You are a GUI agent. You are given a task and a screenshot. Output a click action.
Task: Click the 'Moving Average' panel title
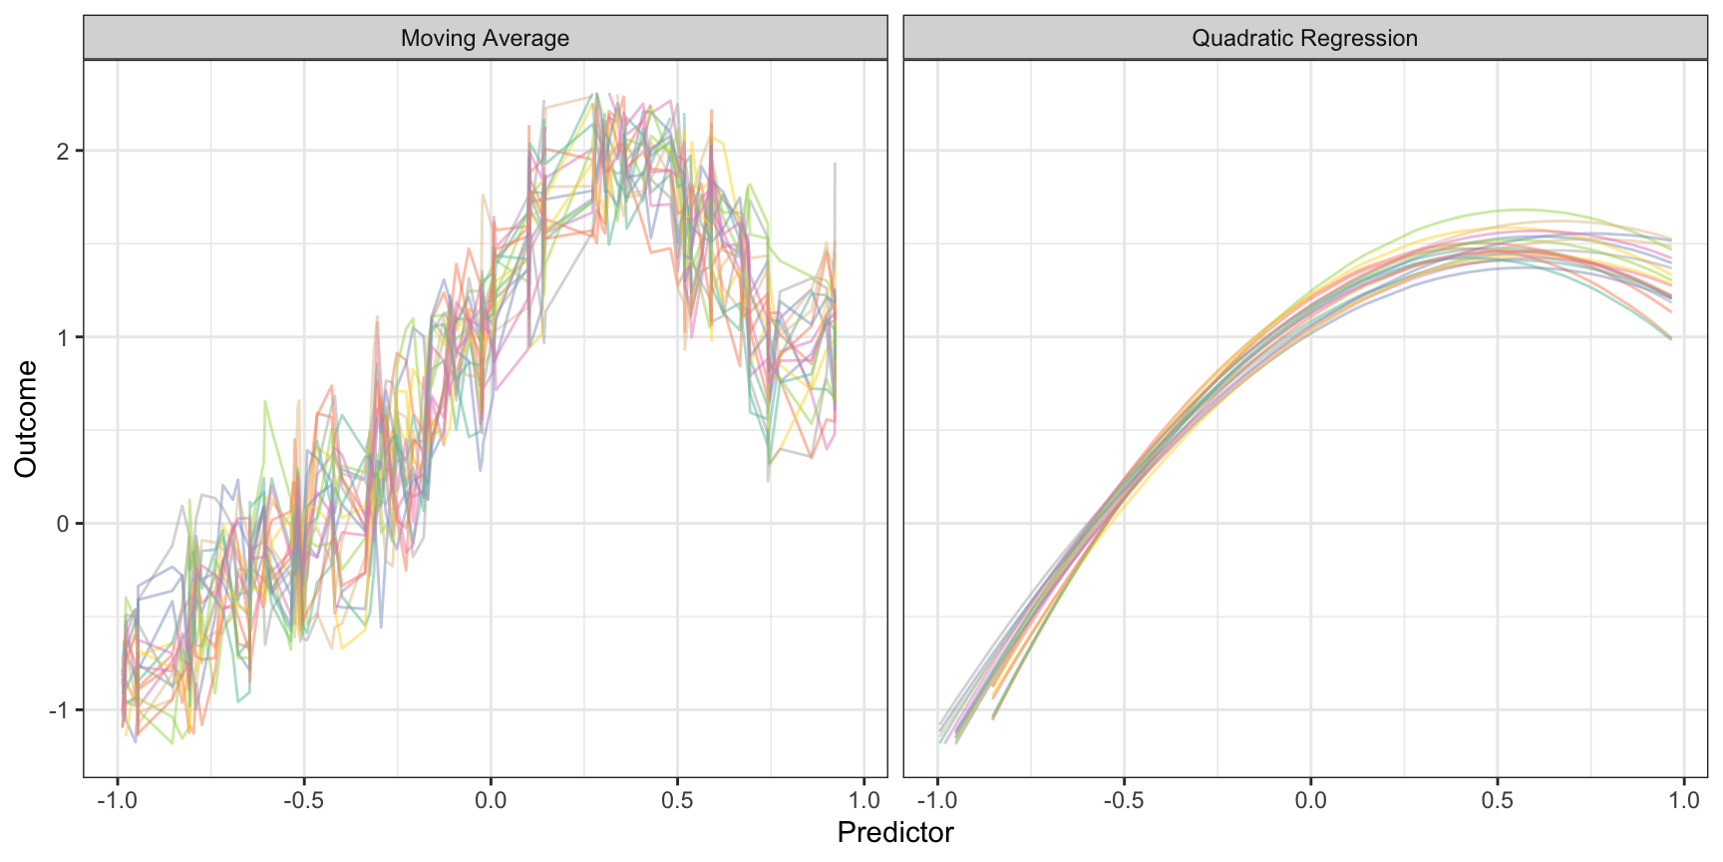485,38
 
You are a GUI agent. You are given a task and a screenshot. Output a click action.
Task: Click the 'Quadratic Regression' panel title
1304,38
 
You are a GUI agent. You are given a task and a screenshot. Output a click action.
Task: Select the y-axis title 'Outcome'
26,419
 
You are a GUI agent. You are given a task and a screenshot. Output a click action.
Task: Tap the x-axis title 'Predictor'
895,832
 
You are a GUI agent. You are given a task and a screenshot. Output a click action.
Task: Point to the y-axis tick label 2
63,152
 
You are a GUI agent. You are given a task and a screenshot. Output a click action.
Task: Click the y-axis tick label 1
63,337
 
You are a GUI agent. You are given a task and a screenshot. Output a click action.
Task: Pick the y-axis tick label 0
63,524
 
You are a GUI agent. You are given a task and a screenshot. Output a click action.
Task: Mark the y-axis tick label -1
59,710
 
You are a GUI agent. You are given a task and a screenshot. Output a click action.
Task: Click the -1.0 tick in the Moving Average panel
117,800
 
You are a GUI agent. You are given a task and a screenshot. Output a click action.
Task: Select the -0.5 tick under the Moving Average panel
303,800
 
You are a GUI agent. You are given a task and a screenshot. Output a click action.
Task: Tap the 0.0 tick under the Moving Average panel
491,800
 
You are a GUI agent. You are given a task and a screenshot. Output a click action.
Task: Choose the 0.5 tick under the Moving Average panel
677,800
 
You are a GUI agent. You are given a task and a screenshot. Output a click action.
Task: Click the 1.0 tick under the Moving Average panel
864,800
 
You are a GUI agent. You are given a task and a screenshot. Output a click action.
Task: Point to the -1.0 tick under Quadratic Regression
936,800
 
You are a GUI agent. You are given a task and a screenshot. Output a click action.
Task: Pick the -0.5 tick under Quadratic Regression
1123,800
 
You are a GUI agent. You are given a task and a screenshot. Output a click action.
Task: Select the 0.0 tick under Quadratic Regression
1310,800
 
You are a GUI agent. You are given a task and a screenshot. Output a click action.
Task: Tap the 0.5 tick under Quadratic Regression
1497,800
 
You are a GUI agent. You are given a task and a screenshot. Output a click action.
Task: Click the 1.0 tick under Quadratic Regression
1684,800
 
